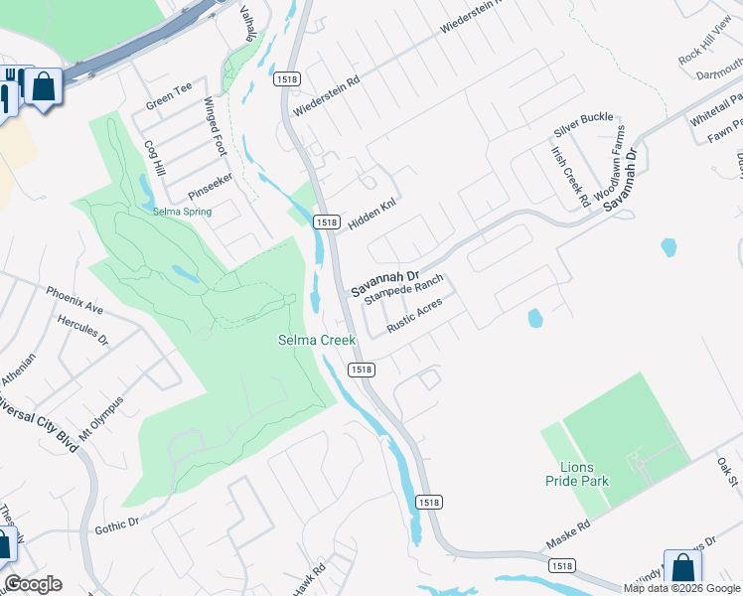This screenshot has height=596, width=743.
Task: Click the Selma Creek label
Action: point(316,341)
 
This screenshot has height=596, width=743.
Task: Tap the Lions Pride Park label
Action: point(577,473)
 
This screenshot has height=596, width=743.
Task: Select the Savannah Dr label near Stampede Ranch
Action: point(386,282)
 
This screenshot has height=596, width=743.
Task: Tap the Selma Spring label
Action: point(182,212)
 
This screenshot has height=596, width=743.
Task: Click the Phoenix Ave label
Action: point(74,296)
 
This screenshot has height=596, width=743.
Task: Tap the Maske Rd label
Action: point(567,539)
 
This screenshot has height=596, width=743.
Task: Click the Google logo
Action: point(33,584)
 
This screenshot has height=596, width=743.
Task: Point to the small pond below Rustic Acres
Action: point(535,319)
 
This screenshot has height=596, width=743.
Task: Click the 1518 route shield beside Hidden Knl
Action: point(324,222)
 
